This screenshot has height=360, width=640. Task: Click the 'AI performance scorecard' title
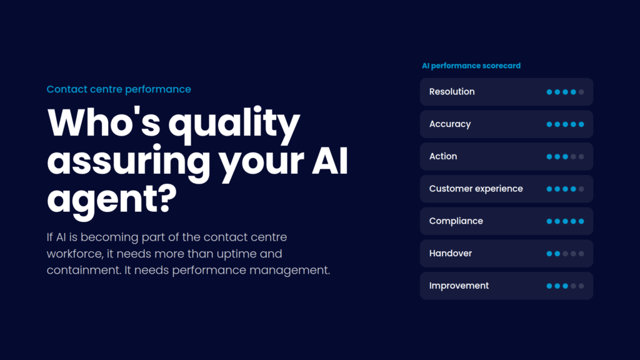[471, 66]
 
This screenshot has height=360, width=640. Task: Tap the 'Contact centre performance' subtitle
[119, 89]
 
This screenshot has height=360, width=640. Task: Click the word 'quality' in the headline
[234, 125]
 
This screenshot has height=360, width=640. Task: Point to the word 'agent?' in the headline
[112, 200]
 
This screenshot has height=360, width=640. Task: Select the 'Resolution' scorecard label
[452, 92]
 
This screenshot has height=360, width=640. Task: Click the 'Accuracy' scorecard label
[450, 124]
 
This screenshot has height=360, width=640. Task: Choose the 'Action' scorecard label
[443, 156]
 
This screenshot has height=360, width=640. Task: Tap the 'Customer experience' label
[476, 189]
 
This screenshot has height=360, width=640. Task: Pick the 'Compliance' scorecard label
[456, 221]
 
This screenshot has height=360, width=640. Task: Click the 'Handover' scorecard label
[450, 254]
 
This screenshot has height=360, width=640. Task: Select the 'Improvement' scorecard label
[459, 286]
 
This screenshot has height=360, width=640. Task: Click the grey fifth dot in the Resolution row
[581, 92]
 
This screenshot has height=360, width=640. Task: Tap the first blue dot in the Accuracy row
[549, 124]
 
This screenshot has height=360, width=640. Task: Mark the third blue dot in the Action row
[565, 156]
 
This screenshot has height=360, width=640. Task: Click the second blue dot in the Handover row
[557, 254]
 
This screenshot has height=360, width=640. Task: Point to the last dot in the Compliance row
[581, 221]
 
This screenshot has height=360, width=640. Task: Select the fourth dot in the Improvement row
[574, 286]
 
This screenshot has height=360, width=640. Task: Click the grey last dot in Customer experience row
[581, 189]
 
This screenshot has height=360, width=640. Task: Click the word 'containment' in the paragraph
[84, 270]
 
